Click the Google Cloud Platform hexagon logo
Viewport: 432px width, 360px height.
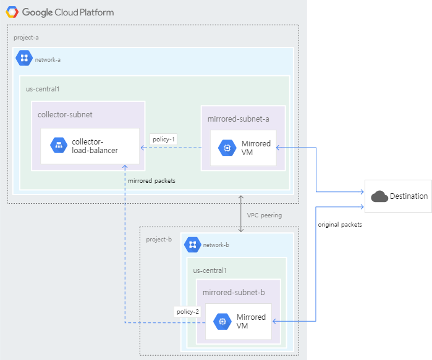(12, 12)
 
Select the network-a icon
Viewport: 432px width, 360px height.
(25, 59)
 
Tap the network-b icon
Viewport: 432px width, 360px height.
(192, 245)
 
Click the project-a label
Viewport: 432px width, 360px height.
(26, 38)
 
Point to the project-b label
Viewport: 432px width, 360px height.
(159, 240)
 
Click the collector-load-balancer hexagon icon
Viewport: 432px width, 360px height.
(59, 146)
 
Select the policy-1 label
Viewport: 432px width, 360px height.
(164, 140)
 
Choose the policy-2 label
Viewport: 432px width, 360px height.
(188, 311)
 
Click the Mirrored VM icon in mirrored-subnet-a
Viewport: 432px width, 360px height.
(227, 148)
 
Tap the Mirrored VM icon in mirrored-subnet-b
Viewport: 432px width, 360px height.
(222, 322)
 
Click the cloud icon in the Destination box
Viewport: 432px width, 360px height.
(379, 196)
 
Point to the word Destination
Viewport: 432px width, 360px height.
(409, 196)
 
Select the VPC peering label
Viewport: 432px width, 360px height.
(264, 216)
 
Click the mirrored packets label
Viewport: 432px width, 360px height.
(151, 181)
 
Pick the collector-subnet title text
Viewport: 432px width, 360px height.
(65, 115)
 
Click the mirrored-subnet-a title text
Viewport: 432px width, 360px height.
(238, 119)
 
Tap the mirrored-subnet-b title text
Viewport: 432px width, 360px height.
(234, 292)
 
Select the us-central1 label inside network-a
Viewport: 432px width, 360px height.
(43, 89)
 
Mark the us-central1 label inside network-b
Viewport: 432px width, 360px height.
(210, 270)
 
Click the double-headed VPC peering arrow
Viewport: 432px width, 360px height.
(241, 214)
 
